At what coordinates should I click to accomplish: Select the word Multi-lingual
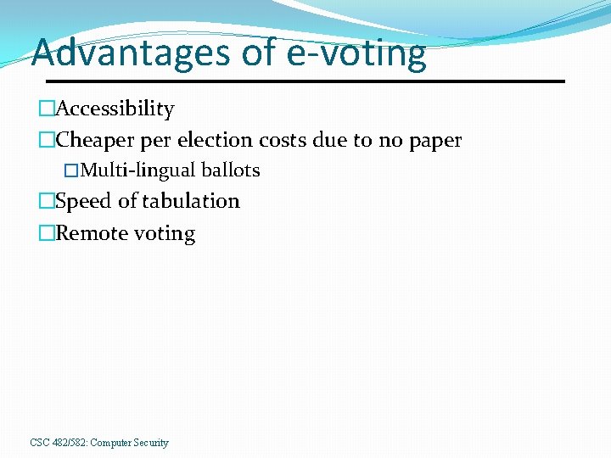[x=138, y=170]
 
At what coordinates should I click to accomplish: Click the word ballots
[x=231, y=170]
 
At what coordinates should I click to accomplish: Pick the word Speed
[x=83, y=201]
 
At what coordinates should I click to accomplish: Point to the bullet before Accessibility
[x=46, y=109]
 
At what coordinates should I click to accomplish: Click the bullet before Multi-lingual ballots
[x=72, y=170]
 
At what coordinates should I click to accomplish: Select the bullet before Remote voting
[x=46, y=233]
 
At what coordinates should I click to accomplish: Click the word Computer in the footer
[x=109, y=443]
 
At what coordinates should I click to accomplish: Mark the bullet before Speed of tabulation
[x=46, y=201]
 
